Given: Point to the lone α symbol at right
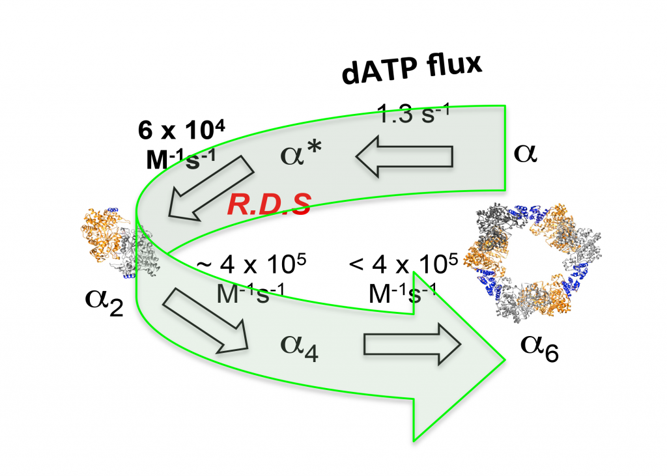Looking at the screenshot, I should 526,155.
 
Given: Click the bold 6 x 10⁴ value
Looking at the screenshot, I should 182,130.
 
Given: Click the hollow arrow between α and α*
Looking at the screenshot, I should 404,157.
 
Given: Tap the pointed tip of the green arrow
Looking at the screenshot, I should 505,357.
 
